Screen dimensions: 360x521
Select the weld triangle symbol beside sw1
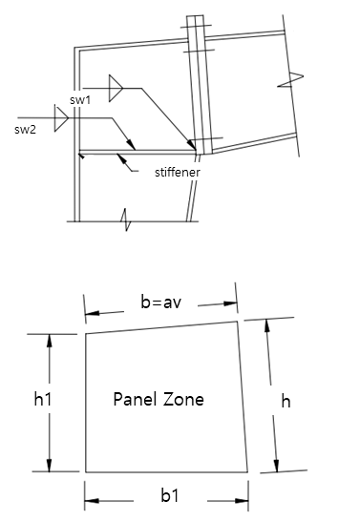[116, 89]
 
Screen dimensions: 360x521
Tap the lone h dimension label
[285, 402]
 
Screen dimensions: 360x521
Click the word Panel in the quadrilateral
[135, 399]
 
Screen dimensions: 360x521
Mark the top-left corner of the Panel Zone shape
[86, 334]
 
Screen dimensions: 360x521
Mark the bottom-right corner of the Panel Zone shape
[249, 472]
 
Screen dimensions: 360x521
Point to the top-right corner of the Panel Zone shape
[238, 322]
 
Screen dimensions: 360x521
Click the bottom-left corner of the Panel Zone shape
[86, 472]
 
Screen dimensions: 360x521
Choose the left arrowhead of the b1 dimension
[91, 496]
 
